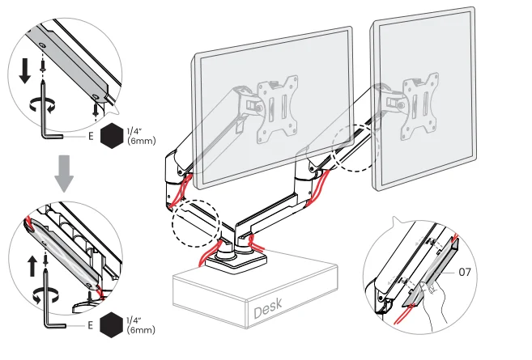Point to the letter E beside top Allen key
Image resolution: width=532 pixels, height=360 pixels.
coord(91,137)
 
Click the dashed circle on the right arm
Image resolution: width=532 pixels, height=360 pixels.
coord(354,146)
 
